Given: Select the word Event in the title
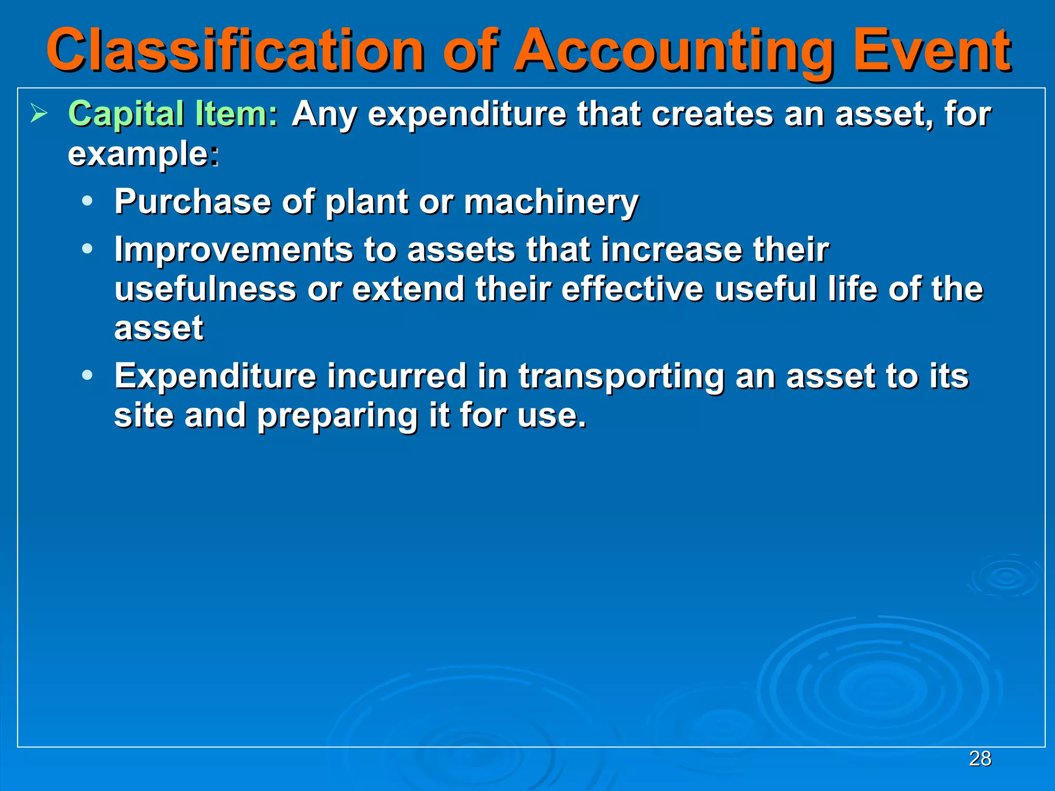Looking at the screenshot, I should (x=932, y=50).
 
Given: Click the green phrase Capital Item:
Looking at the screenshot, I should (x=173, y=114).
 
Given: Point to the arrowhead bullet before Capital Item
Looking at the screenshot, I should (x=39, y=113).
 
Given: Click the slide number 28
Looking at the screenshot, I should (x=980, y=759).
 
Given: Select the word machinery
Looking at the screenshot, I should (x=551, y=202).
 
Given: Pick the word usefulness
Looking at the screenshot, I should (x=205, y=288).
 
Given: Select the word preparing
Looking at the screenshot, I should (x=337, y=416).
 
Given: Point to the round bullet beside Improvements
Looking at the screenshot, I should (x=88, y=249).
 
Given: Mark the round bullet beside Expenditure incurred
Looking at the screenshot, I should (x=88, y=375).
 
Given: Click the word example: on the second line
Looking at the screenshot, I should (x=143, y=154).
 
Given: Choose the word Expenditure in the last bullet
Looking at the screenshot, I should (x=215, y=376).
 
